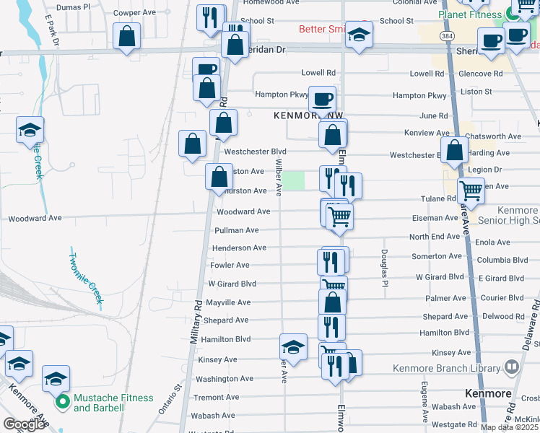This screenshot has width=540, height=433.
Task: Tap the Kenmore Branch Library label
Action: point(447,368)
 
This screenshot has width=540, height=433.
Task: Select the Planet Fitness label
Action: point(469,14)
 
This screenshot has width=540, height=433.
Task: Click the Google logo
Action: point(24,424)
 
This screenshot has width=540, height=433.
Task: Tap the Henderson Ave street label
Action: point(239,248)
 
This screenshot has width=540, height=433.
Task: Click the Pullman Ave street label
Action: point(237,230)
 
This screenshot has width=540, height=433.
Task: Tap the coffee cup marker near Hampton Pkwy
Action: point(322,97)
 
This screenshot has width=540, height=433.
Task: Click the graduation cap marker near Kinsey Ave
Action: point(293,346)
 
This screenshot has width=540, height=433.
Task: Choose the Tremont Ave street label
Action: point(216,397)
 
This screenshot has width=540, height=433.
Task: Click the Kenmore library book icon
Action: point(512,367)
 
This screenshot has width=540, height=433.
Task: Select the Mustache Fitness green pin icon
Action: point(62,402)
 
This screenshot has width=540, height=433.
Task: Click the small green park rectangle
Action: point(293,180)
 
